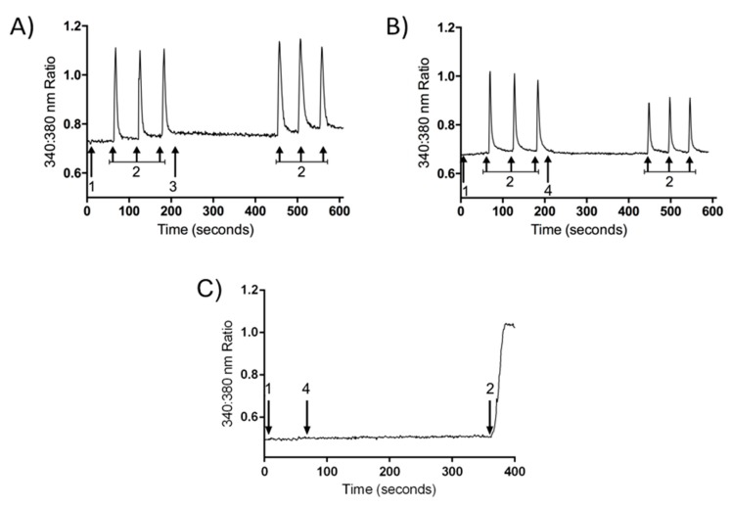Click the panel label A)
point(22,28)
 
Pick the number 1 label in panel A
point(91,186)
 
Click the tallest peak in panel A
point(300,40)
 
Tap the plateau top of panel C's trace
point(507,324)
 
